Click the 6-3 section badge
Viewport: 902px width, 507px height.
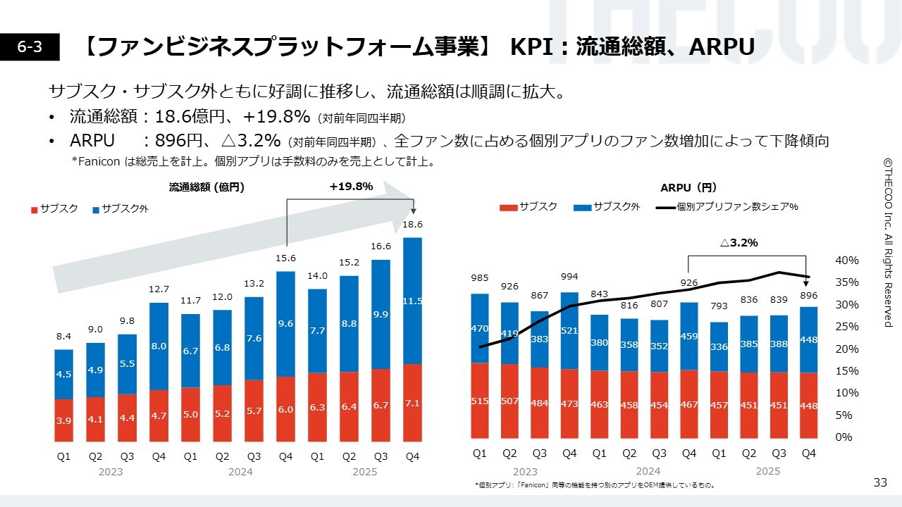point(30,46)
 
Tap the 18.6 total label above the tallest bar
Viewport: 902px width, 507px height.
point(413,225)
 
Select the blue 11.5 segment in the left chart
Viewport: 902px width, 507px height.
point(413,301)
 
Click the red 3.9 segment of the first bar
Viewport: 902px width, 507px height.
point(63,420)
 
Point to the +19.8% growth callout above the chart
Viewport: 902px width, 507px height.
point(351,187)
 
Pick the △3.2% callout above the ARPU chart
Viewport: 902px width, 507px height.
point(739,242)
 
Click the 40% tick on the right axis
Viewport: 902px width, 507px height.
point(846,261)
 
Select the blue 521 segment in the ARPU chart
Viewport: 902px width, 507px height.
point(569,330)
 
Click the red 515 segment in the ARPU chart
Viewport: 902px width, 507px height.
point(480,401)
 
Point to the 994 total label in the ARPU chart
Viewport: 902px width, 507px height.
point(569,275)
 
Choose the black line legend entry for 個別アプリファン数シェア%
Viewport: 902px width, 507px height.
point(727,207)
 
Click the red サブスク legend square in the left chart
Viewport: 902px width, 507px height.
point(34,209)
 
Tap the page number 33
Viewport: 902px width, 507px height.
point(880,482)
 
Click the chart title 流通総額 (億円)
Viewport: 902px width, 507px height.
point(206,187)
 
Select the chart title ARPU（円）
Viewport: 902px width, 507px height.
point(688,187)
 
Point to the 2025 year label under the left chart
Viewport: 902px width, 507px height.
point(364,472)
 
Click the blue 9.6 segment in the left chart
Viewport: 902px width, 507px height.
point(285,323)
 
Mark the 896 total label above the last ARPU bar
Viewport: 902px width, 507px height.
point(808,296)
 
